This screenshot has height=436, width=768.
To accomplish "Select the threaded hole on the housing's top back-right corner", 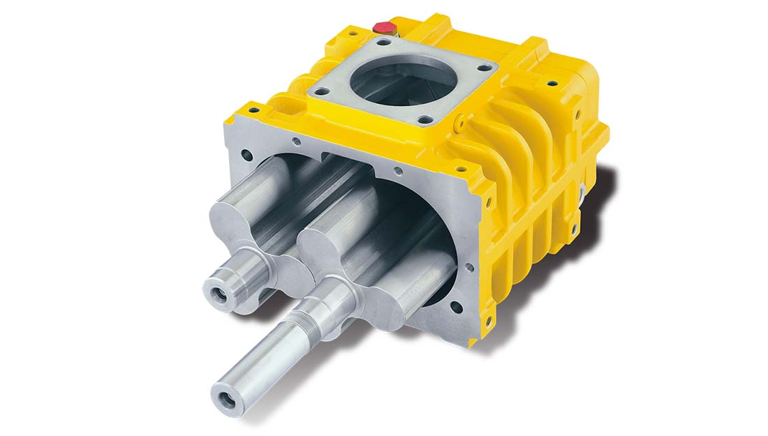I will point(552,83).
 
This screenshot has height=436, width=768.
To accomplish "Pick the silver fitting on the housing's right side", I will point(582,191).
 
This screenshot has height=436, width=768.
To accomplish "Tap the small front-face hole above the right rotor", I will point(398,169).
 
